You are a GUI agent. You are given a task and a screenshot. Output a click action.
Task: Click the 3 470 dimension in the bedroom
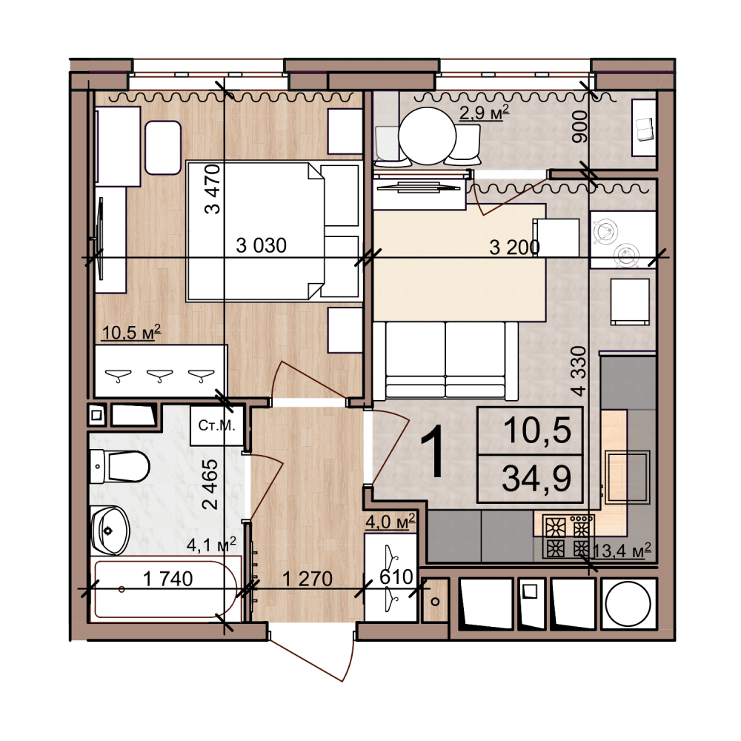[213, 189]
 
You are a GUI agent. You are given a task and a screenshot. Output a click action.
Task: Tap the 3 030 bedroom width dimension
[261, 246]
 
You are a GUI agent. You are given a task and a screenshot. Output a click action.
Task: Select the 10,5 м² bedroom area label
[131, 332]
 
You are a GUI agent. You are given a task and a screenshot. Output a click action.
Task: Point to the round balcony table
[428, 136]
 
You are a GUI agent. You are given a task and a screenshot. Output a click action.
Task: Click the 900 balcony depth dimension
[579, 127]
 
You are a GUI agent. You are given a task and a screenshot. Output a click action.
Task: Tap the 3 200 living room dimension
[515, 247]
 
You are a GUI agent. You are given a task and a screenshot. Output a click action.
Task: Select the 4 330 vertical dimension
[579, 371]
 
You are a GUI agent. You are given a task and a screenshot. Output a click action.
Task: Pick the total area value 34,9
[536, 478]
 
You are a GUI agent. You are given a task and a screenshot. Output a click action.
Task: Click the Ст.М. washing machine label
[216, 425]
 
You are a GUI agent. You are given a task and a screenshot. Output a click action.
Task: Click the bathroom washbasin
[110, 531]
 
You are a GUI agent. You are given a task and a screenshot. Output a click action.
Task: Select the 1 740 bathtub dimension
[167, 579]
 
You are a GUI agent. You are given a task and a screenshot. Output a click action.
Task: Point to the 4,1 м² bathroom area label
[211, 545]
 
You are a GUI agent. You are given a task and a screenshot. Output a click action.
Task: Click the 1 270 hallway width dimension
[308, 579]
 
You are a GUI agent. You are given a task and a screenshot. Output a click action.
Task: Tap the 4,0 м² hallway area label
[391, 522]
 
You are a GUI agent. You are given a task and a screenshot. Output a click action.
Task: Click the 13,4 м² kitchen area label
[622, 551]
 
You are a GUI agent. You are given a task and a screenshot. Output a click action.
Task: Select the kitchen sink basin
[627, 476]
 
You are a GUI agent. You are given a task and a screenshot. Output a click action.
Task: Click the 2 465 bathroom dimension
[210, 485]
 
